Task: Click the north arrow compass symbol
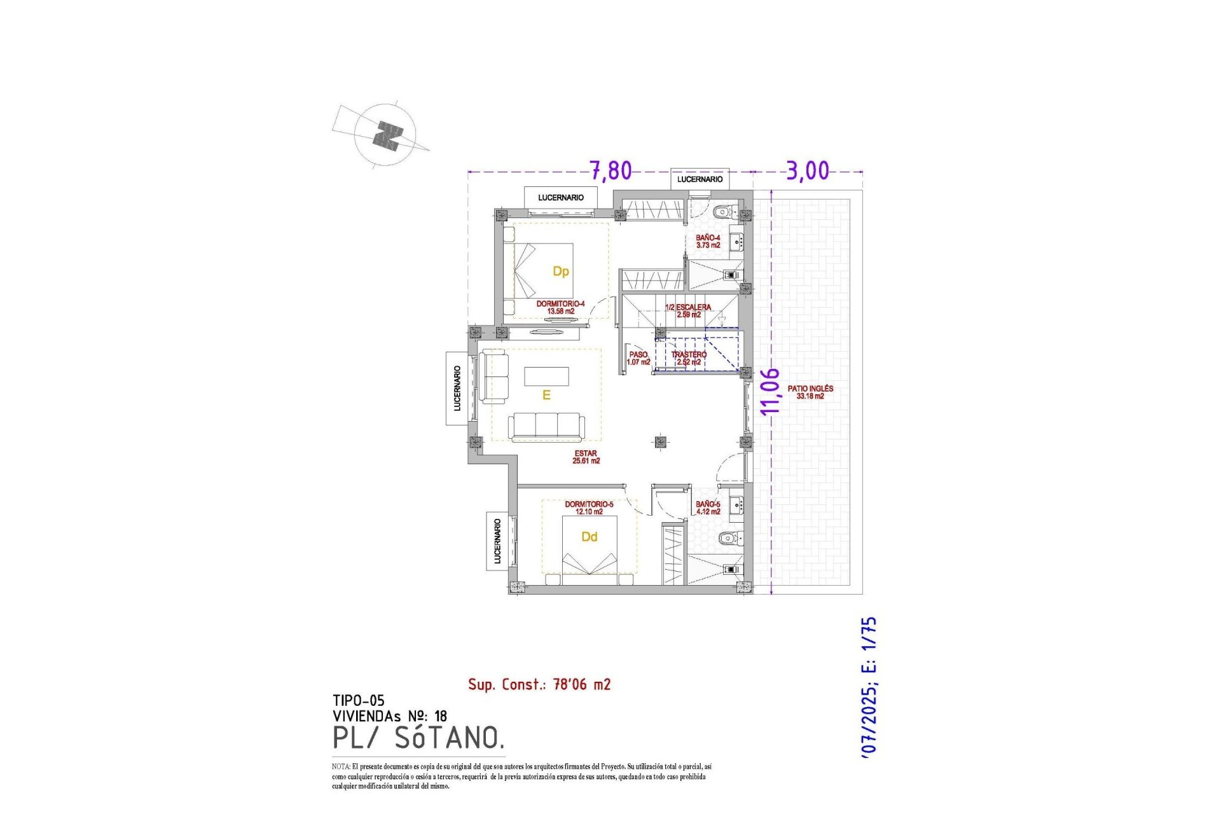click(385, 135)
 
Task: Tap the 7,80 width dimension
click(610, 170)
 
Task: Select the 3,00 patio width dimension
click(808, 170)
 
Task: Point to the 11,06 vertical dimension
click(769, 391)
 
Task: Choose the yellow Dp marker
click(560, 272)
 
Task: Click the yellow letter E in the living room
click(546, 396)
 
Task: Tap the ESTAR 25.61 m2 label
click(586, 457)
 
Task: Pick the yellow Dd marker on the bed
click(589, 537)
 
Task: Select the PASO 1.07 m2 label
click(638, 358)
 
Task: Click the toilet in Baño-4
click(724, 212)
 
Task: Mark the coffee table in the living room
click(546, 376)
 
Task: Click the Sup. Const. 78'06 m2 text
click(539, 684)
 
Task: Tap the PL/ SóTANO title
click(418, 738)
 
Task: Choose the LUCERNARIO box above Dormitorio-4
click(560, 198)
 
